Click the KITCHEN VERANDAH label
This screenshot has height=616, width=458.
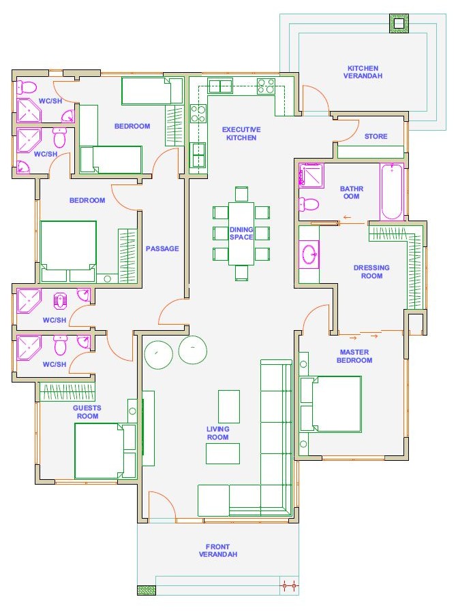pyautogui.click(x=363, y=72)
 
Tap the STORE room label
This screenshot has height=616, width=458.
pyautogui.click(x=376, y=136)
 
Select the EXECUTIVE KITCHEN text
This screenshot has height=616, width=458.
pyautogui.click(x=241, y=133)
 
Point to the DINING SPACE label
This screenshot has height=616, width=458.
pyautogui.click(x=241, y=233)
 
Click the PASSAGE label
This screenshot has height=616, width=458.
pyautogui.click(x=162, y=248)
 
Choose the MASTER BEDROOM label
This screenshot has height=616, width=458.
pyautogui.click(x=354, y=356)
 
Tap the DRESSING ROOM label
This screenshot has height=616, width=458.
pyautogui.click(x=371, y=272)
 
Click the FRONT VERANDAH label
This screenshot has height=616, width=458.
pyautogui.click(x=218, y=551)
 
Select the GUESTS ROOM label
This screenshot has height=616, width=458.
pyautogui.click(x=87, y=412)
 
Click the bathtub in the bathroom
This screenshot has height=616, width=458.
pyautogui.click(x=391, y=192)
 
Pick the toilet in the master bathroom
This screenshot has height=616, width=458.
pyautogui.click(x=309, y=204)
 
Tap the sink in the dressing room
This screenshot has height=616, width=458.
pyautogui.click(x=309, y=254)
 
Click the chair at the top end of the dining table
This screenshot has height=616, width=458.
pyautogui.click(x=241, y=194)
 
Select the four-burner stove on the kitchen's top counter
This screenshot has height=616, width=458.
pyautogui.click(x=266, y=86)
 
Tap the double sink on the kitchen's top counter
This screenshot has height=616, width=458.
pyautogui.click(x=220, y=86)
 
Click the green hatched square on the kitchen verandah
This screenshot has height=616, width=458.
pyautogui.click(x=399, y=24)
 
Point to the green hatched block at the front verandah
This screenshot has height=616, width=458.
pyautogui.click(x=147, y=590)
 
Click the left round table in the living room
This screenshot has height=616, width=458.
pyautogui.click(x=158, y=355)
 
